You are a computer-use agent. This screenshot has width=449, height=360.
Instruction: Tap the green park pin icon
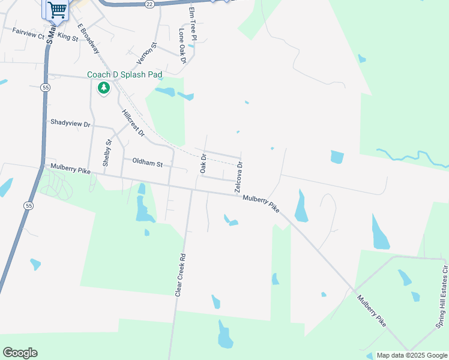pyautogui.click(x=104, y=88)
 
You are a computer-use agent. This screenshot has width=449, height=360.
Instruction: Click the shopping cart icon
pyautogui.click(x=57, y=9)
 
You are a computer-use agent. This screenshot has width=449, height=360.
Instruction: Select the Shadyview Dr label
pyautogui.click(x=70, y=124)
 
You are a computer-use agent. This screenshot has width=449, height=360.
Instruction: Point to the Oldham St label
pyautogui.click(x=147, y=163)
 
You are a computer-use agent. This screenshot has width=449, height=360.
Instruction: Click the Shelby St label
pyautogui.click(x=107, y=153)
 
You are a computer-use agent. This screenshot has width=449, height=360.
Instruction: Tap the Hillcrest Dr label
pyautogui.click(x=133, y=123)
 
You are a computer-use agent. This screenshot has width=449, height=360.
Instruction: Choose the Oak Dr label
pyautogui.click(x=203, y=164)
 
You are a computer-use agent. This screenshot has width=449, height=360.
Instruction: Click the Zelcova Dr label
pyautogui.click(x=239, y=177)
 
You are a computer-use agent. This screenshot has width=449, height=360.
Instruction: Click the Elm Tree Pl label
pyautogui.click(x=192, y=24)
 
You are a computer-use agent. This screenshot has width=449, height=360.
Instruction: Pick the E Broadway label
pyautogui.click(x=88, y=38)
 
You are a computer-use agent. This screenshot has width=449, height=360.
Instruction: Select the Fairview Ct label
pyautogui.click(x=28, y=35)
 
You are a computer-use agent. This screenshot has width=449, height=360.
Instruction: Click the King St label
pyautogui.click(x=68, y=37)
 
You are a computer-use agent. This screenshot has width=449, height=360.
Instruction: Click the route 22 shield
pyautogui.click(x=149, y=4)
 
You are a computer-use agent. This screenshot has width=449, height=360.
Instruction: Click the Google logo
pyautogui.click(x=20, y=353)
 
